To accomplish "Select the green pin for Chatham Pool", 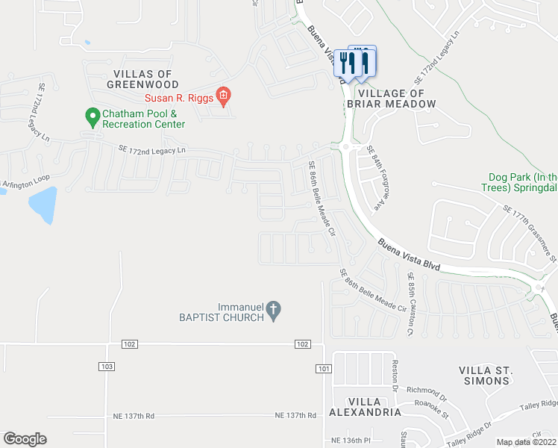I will point(93,116).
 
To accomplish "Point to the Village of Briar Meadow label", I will point(395,99).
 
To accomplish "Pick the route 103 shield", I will point(106,366).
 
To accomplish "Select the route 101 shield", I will point(323,368).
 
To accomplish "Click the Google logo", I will point(25,439).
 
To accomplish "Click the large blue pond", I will point(43,205).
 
